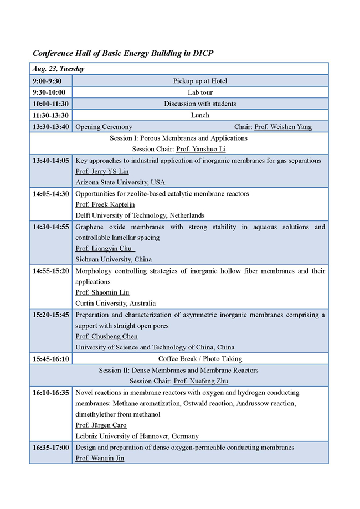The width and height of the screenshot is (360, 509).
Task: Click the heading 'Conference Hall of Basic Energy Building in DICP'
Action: tap(123, 53)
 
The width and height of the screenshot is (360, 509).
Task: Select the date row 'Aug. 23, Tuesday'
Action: tap(58, 69)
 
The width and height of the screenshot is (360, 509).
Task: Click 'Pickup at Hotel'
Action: tap(200, 81)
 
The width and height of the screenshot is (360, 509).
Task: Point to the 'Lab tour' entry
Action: tap(200, 92)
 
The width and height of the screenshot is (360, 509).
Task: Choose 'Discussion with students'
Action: tap(200, 104)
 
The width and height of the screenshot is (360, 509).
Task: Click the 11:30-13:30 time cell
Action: tap(50, 115)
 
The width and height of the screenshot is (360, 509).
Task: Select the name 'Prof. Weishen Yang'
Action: tap(282, 127)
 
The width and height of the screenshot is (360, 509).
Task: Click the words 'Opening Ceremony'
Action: tap(104, 127)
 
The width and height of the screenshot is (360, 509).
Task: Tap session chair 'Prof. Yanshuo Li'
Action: tap(200, 149)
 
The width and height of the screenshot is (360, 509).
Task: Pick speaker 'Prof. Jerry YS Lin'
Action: tap(102, 171)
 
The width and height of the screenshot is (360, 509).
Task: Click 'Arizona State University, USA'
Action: tap(120, 182)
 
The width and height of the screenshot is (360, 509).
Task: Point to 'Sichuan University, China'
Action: tap(114, 259)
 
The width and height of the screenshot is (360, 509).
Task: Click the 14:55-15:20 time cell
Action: tap(50, 271)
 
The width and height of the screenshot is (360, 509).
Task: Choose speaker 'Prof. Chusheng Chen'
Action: tap(106, 336)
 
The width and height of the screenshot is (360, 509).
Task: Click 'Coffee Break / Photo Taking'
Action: tap(200, 359)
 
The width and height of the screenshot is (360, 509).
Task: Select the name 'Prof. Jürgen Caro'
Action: tap(101, 425)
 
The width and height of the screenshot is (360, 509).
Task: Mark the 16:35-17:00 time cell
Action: tap(50, 447)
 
